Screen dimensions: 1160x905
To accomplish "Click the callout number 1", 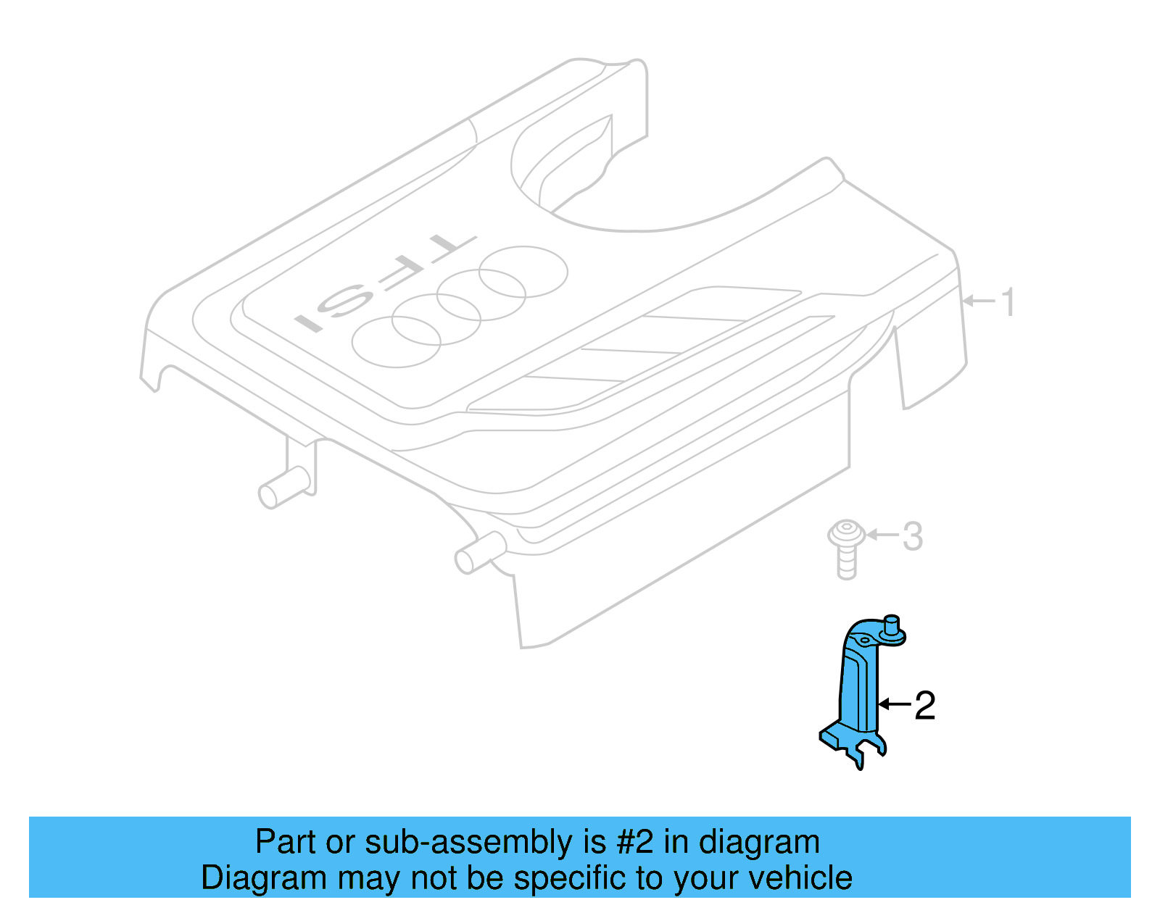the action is click(x=1008, y=301).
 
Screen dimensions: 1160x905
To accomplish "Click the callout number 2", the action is click(x=924, y=705).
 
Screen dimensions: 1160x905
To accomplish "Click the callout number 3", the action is click(x=912, y=537).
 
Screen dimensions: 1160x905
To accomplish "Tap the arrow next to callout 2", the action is click(x=893, y=704).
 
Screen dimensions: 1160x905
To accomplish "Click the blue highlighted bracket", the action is click(x=859, y=688).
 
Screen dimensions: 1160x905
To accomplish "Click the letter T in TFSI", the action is click(x=449, y=247).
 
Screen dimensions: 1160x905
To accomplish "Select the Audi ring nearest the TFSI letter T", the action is click(x=523, y=271).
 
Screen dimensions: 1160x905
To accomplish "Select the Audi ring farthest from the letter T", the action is click(x=396, y=341).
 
